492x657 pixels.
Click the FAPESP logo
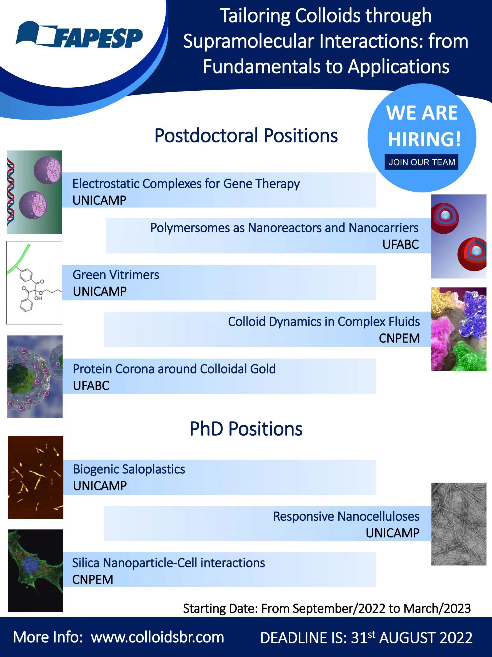click(x=79, y=35)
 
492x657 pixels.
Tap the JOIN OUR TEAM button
click(x=421, y=162)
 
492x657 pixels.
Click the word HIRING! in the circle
click(x=424, y=139)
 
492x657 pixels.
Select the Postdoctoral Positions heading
click(x=246, y=136)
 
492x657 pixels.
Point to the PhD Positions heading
click(x=246, y=429)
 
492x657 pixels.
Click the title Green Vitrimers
click(x=116, y=275)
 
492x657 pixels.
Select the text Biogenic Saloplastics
click(x=129, y=469)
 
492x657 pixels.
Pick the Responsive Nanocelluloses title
click(x=346, y=516)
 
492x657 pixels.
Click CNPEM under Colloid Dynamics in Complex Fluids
click(x=399, y=338)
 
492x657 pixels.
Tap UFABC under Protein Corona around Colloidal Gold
click(x=91, y=386)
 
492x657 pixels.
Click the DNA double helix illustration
click(x=11, y=192)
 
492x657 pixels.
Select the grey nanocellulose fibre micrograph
click(x=459, y=524)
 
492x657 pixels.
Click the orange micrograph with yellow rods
click(x=36, y=477)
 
